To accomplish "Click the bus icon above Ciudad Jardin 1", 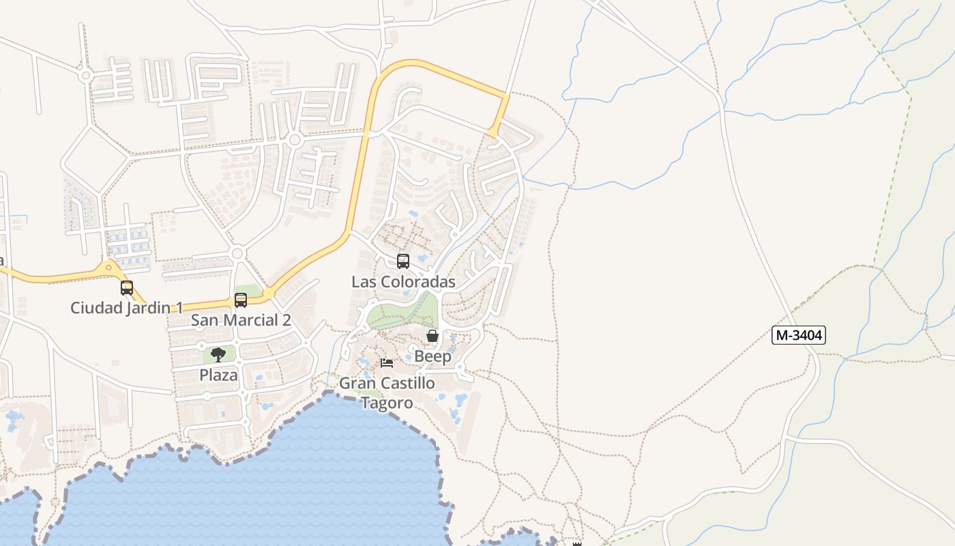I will (x=127, y=288).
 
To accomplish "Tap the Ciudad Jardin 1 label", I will (x=126, y=308).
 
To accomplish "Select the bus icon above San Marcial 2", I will (x=241, y=300).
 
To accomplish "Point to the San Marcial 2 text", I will (x=241, y=320).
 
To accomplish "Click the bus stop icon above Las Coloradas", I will (x=403, y=261).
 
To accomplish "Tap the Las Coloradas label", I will (x=403, y=282).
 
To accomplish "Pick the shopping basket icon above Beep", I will (x=432, y=336).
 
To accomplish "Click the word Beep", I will (x=432, y=356).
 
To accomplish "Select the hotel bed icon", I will (x=387, y=362).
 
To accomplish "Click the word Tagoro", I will (x=387, y=403).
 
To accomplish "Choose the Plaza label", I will (x=218, y=375).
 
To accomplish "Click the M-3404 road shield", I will (x=799, y=335).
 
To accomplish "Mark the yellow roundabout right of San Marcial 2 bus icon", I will (x=269, y=293).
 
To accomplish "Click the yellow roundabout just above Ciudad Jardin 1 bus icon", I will (x=108, y=268).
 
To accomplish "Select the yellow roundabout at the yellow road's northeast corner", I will (x=493, y=132).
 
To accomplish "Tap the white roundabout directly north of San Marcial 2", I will (x=237, y=254).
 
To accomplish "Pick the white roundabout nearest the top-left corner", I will (x=85, y=75).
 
